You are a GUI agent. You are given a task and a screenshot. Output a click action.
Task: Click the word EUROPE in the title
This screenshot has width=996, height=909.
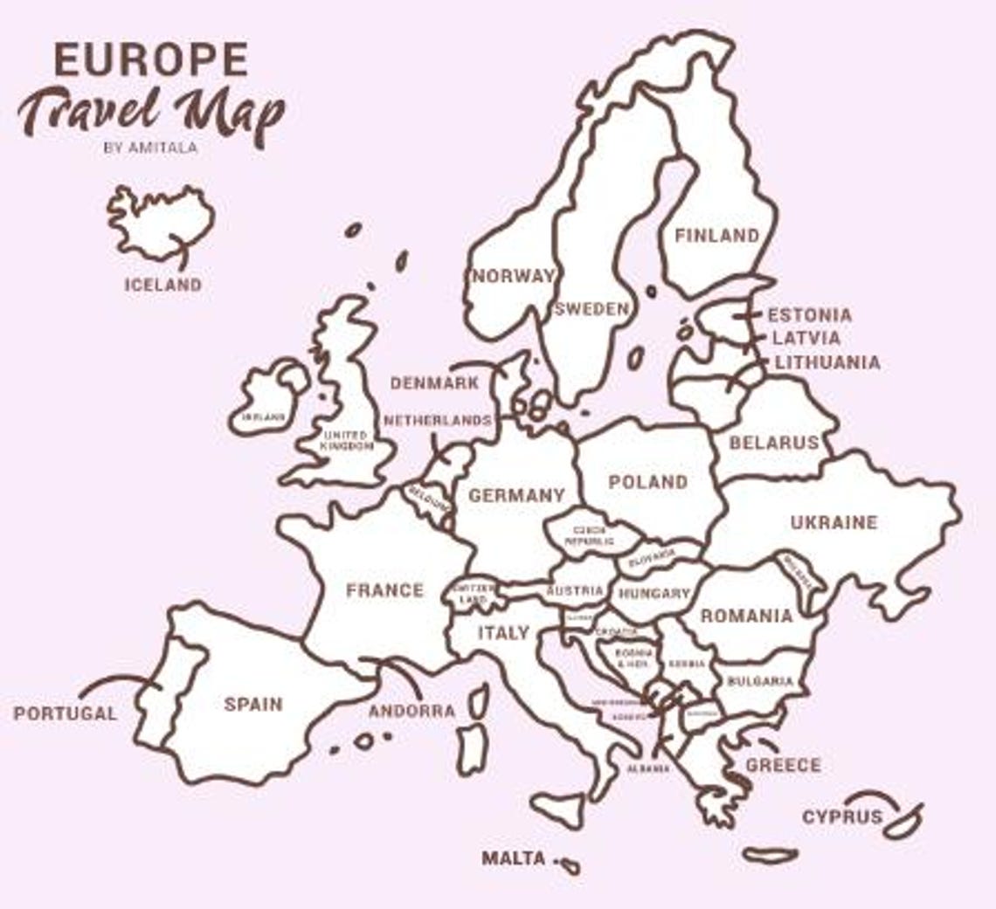[150, 59]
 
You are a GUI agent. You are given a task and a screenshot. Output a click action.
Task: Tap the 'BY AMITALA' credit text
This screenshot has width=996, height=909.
[150, 148]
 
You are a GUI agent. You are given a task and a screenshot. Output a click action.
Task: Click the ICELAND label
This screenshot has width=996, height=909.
[163, 285]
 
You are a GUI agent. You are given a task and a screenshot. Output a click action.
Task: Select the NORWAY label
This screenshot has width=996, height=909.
[514, 276]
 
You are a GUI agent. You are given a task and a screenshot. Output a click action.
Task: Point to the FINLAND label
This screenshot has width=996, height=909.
[716, 236]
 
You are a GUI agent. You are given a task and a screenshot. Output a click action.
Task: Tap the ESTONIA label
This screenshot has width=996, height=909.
[809, 315]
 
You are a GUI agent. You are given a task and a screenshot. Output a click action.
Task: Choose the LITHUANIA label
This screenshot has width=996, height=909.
[827, 362]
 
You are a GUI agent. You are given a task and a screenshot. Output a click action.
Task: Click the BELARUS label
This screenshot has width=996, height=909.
[774, 443]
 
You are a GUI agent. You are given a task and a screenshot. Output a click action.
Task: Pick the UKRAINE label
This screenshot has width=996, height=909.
[833, 522]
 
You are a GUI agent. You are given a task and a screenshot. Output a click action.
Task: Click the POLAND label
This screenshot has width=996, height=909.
[647, 482]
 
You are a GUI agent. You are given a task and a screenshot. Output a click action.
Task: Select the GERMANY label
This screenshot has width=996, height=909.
[516, 495]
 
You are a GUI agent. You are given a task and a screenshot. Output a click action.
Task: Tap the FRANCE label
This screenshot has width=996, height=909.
[384, 590]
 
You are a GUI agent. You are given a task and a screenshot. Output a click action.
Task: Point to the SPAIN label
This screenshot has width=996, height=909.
[253, 704]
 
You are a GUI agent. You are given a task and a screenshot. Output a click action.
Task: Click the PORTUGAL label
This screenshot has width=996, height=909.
[65, 713]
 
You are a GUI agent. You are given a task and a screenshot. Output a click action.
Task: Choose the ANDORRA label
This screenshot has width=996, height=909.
[412, 712]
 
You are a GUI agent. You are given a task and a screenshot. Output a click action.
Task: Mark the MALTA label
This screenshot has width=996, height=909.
[514, 858]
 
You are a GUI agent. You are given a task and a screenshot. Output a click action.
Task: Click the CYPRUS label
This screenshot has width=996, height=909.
[842, 818]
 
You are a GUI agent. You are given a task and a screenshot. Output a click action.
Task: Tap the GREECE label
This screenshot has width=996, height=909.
[783, 766]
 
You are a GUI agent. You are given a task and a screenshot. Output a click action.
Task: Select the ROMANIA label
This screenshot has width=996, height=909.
[746, 616]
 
